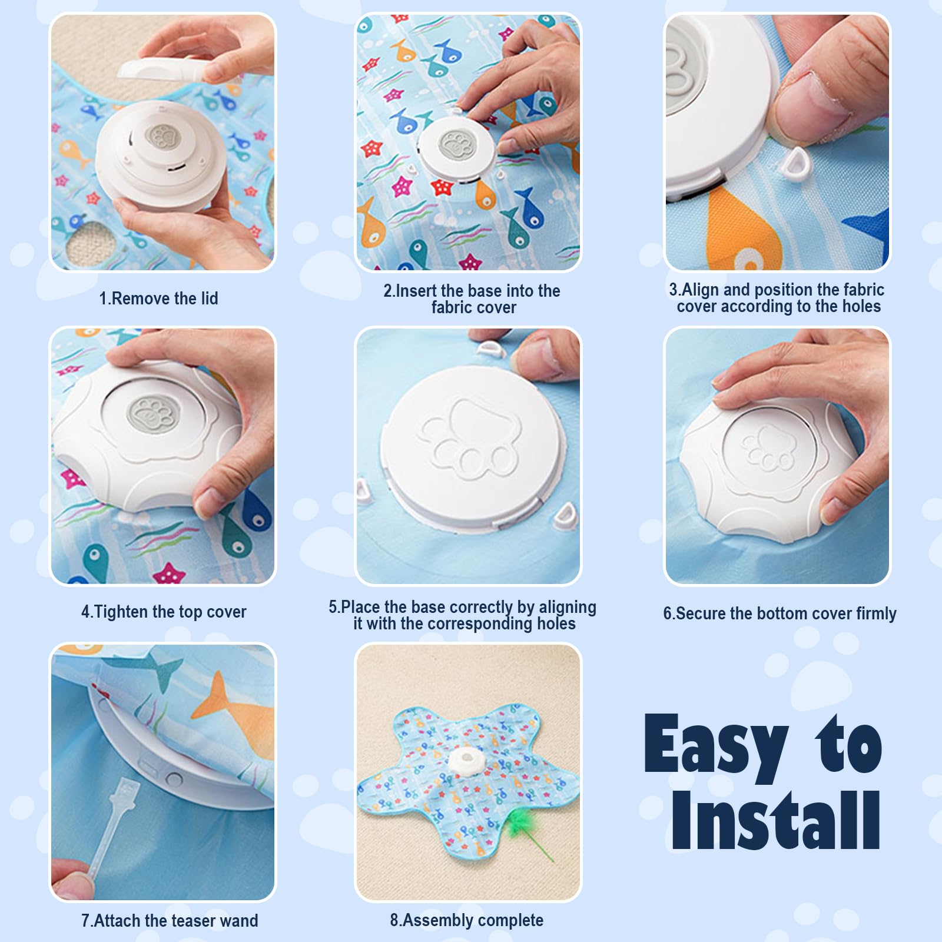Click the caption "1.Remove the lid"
coord(158,298)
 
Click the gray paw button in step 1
coord(161,138)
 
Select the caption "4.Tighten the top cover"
coord(164,612)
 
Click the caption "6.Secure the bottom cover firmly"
coord(780,613)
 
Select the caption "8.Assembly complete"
coord(466,920)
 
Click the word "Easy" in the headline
coord(717,745)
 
